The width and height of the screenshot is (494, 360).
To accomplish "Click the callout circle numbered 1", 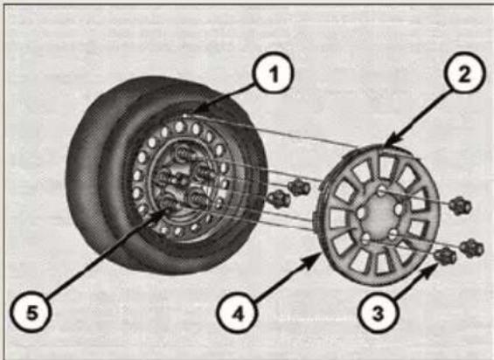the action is click(273, 73).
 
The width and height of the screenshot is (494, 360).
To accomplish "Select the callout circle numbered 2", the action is click(463, 73).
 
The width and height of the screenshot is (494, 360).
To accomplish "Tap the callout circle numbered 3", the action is click(378, 311).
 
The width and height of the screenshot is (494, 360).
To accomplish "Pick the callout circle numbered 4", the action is click(237, 313).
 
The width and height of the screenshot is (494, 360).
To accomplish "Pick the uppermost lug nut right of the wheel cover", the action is click(460, 206).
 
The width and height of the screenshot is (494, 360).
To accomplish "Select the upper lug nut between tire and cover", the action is click(299, 187).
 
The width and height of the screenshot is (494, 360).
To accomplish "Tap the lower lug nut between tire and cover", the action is click(278, 199).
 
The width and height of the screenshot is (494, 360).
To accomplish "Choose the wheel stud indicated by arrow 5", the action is click(171, 204).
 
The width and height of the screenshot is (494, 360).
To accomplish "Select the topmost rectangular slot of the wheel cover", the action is click(386, 167).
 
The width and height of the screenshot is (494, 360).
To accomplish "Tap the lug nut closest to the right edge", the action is click(471, 248).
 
